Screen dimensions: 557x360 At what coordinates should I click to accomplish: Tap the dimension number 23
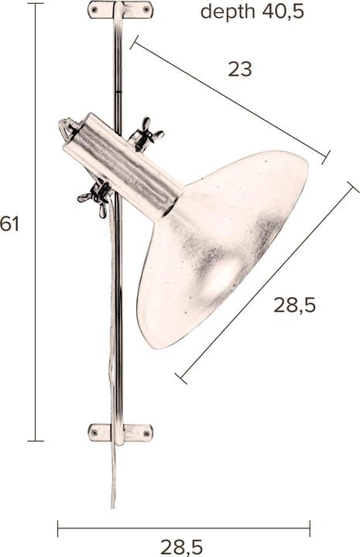240,69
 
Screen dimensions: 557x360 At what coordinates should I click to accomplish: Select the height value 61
9,224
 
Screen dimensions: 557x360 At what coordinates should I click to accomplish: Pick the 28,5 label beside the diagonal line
294,305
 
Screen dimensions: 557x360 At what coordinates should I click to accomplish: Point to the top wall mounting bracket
121,10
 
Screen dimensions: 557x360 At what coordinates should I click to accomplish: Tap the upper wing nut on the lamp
146,135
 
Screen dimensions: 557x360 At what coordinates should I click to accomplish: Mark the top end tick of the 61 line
36,4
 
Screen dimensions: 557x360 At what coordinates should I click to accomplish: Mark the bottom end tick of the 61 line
36,441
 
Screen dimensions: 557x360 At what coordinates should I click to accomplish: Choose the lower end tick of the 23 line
325,158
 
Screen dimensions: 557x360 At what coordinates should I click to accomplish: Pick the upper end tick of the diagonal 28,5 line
353,187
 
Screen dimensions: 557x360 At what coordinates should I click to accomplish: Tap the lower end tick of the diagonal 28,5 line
181,378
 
